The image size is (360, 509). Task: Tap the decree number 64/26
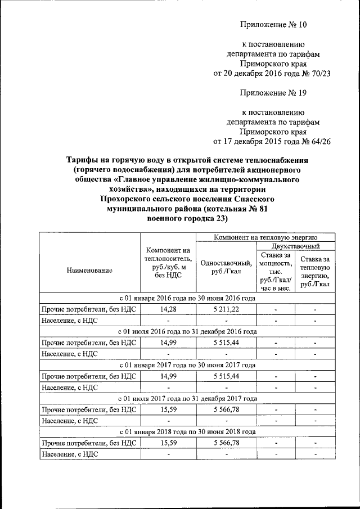[x=316, y=141]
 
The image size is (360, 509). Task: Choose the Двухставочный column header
[x=296, y=246]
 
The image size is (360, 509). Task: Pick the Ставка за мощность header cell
[x=276, y=272]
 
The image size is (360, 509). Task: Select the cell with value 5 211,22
[x=226, y=309]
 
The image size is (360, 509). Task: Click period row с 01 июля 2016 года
[x=187, y=331]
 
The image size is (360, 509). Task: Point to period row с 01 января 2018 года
[x=187, y=431]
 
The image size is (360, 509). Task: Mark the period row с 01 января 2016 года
[x=187, y=298]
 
